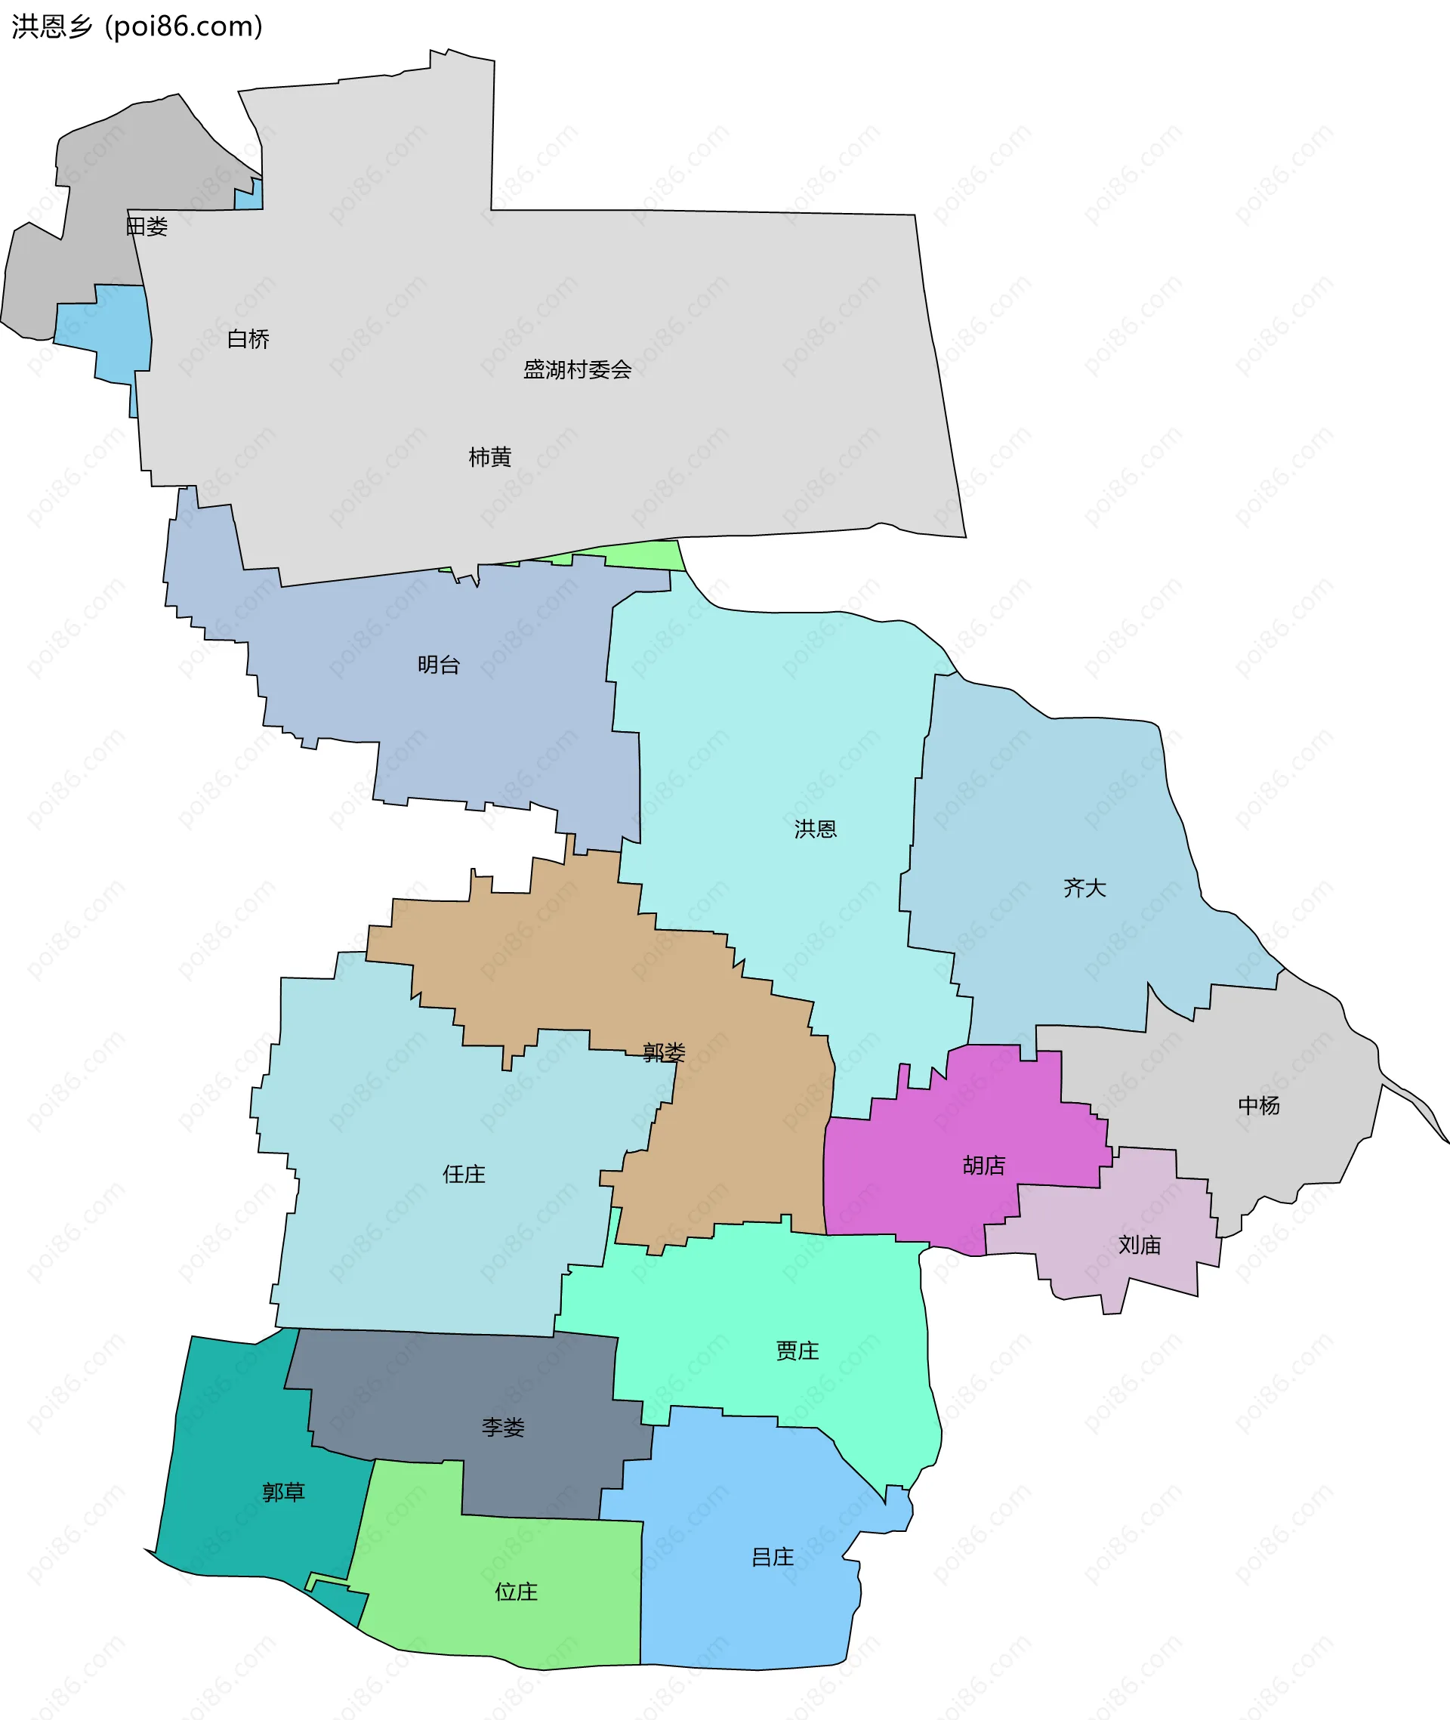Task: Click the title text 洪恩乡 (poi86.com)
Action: [137, 26]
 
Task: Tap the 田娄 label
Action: [147, 226]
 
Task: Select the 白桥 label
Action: [248, 338]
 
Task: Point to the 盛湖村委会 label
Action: [577, 369]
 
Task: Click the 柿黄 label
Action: [490, 456]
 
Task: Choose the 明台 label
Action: [438, 664]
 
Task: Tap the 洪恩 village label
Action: [816, 829]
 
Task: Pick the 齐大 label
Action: [1084, 888]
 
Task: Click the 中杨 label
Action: [1258, 1106]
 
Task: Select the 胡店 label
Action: [984, 1165]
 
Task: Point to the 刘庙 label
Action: [1140, 1245]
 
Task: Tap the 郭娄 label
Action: [663, 1052]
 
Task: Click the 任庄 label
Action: [464, 1174]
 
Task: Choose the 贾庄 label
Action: [797, 1351]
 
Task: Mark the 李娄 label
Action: [503, 1428]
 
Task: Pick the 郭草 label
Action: [284, 1493]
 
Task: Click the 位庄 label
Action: [517, 1592]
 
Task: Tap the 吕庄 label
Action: [773, 1557]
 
